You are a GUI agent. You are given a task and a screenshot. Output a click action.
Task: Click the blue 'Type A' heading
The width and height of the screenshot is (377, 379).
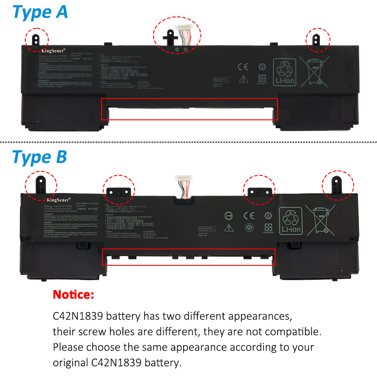(x=40, y=12)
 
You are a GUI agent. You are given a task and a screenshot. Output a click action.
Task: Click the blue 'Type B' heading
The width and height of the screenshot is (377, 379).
(x=39, y=157)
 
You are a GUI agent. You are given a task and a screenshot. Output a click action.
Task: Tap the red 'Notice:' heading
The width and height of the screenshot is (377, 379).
(x=74, y=294)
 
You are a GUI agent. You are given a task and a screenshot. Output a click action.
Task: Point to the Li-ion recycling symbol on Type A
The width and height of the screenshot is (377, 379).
(x=285, y=71)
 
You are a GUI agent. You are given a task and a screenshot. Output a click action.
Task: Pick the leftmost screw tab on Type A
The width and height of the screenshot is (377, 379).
(x=37, y=38)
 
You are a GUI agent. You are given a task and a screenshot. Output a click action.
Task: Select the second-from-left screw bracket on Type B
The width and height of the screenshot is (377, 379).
(x=118, y=190)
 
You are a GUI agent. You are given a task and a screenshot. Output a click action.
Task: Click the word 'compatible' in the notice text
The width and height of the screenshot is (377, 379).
(x=290, y=332)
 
